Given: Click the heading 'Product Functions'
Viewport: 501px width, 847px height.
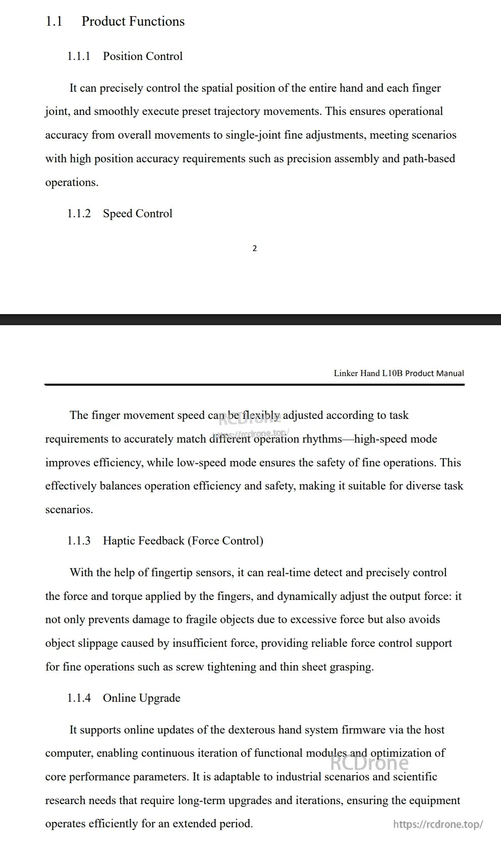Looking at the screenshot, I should click(x=133, y=22).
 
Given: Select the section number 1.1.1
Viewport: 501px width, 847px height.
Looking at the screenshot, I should click(x=79, y=56).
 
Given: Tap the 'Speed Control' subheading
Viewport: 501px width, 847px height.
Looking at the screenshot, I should click(x=137, y=214).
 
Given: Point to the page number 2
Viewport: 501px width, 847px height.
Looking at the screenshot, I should click(x=254, y=248).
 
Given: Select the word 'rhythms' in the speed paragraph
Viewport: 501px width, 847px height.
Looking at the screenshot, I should click(x=321, y=439).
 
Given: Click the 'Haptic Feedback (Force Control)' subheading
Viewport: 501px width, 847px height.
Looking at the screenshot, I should click(x=183, y=541).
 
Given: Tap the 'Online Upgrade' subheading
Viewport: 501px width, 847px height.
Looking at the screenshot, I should click(x=141, y=698).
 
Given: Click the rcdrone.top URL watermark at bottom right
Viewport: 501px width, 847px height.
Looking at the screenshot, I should click(x=437, y=824).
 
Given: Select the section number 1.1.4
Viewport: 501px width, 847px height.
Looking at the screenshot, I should click(x=79, y=698).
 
